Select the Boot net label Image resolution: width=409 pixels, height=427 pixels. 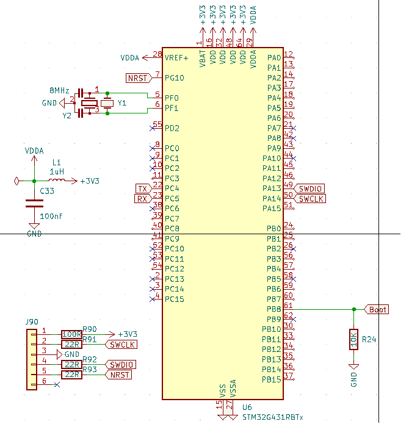point(377,309)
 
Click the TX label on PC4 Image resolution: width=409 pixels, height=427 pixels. point(142,188)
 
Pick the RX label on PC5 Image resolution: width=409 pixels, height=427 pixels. point(142,198)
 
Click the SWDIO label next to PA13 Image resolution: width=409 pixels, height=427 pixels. point(311,188)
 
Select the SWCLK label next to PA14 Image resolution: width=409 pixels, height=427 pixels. point(311,199)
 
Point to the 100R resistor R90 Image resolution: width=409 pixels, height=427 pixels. point(71,334)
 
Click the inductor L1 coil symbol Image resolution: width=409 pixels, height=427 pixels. point(57,181)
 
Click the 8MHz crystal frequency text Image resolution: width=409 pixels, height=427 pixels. point(59,90)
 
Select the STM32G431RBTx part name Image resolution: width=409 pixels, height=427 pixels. point(272,417)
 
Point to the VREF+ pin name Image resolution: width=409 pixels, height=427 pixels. point(176,57)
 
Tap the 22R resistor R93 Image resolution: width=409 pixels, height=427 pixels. point(71,375)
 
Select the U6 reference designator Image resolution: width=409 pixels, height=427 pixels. point(247,407)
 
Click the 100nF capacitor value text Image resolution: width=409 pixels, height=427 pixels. point(51,216)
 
